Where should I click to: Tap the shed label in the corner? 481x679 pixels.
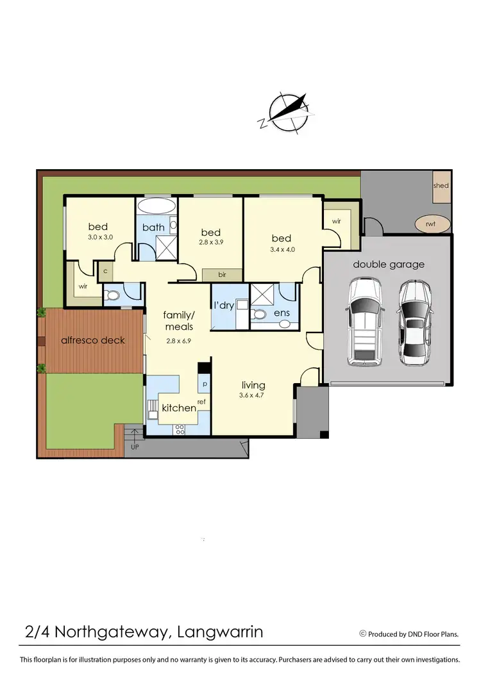pyautogui.click(x=441, y=186)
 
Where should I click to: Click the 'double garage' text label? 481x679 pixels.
pyautogui.click(x=389, y=264)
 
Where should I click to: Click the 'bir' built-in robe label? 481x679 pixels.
pyautogui.click(x=222, y=275)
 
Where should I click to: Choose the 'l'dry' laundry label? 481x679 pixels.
pyautogui.click(x=225, y=306)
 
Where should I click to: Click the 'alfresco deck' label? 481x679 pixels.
pyautogui.click(x=93, y=340)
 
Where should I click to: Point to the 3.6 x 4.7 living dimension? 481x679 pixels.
pyautogui.click(x=253, y=396)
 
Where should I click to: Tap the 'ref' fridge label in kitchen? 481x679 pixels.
pyautogui.click(x=201, y=402)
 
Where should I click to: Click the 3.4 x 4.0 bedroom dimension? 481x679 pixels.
pyautogui.click(x=282, y=250)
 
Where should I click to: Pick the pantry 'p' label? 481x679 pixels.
pyautogui.click(x=204, y=385)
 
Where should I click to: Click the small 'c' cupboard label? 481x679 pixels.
pyautogui.click(x=105, y=271)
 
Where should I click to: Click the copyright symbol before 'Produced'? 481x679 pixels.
pyautogui.click(x=363, y=634)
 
